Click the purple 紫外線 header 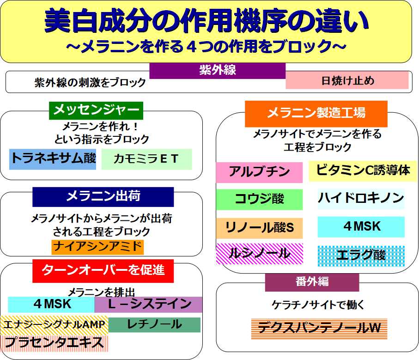(217, 71)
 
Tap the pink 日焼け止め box (347, 80)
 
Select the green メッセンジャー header (96, 110)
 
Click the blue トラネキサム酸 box (53, 159)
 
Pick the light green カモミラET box (147, 159)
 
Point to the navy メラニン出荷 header (103, 197)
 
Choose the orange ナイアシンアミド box (97, 247)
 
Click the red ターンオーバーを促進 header (103, 271)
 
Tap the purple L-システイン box (148, 305)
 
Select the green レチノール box (154, 325)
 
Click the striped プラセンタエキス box (54, 343)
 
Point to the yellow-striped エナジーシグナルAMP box (54, 325)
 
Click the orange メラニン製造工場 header (316, 114)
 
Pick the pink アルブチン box (259, 172)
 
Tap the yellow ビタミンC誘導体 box (363, 171)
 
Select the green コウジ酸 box (259, 199)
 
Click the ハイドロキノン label (361, 198)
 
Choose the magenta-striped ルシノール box (259, 254)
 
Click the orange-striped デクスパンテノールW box (319, 329)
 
